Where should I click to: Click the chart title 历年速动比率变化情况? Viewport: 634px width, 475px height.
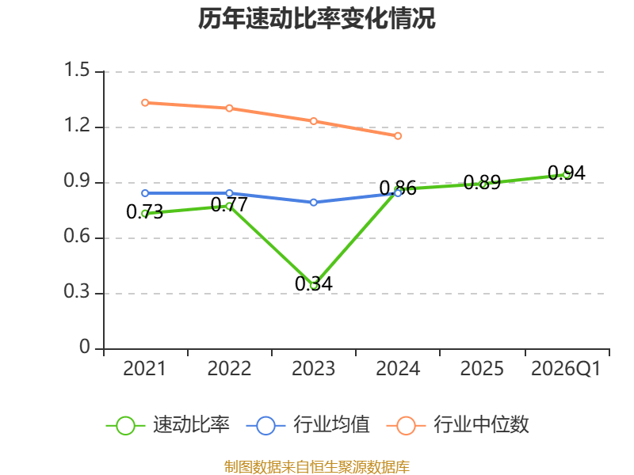click(x=317, y=19)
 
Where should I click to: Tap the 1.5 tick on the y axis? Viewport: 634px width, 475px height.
click(x=78, y=71)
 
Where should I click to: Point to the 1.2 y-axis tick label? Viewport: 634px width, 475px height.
click(x=78, y=127)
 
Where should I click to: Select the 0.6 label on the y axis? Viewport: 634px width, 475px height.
click(x=78, y=237)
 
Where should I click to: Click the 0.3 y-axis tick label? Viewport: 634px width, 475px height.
click(x=78, y=293)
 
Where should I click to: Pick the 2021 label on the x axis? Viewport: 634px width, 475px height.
click(x=145, y=368)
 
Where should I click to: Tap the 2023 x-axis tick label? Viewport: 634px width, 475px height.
click(x=314, y=368)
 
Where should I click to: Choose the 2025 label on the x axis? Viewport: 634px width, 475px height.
click(x=482, y=368)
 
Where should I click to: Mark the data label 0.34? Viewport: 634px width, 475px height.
click(x=314, y=283)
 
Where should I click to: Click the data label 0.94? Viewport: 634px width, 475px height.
click(x=567, y=173)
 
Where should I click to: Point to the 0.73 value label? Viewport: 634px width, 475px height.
click(x=145, y=211)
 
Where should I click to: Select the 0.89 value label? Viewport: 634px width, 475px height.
click(x=482, y=182)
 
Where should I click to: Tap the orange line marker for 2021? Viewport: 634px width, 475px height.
click(x=145, y=103)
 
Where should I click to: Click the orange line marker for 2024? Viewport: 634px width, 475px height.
click(x=398, y=136)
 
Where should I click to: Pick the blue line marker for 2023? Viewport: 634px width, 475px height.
click(x=314, y=202)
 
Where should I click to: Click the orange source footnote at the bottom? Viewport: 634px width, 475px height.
click(x=317, y=466)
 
